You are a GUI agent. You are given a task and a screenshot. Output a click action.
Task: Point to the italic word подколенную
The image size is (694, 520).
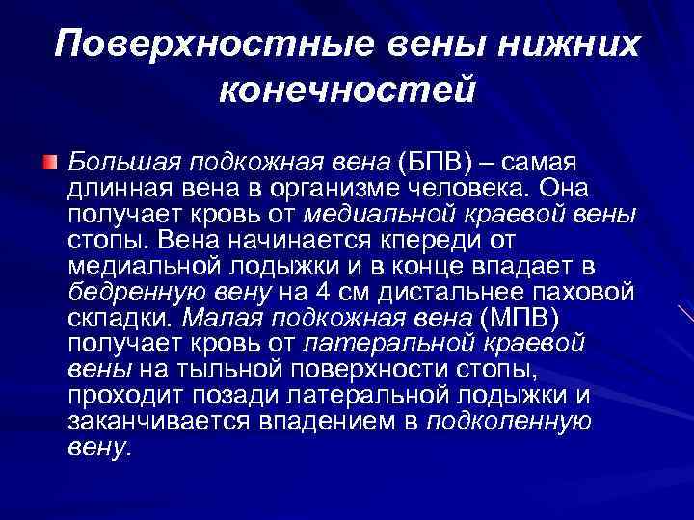click(509, 420)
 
